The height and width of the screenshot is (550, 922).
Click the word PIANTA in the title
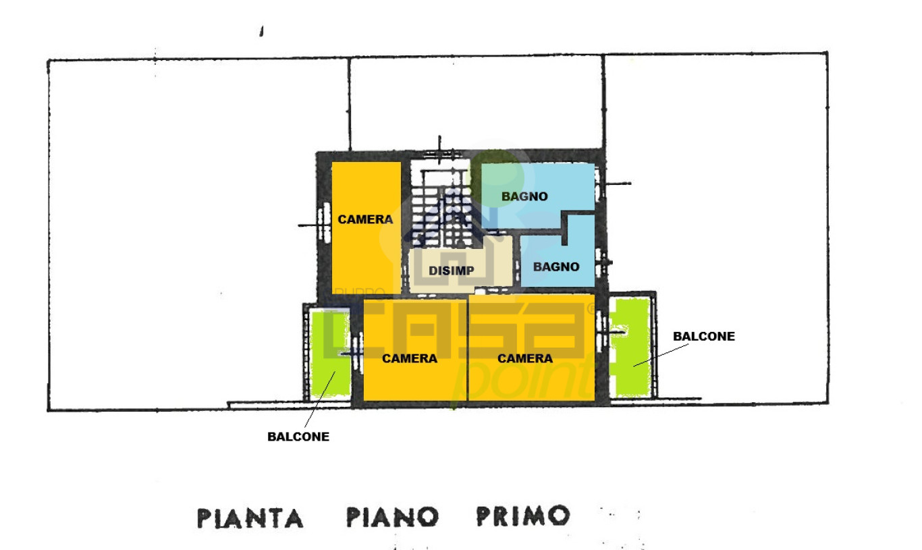250,518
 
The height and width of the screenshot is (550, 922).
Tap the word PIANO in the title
392,518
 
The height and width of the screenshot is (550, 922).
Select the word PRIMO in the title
522,516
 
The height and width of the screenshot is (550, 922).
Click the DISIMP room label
452,271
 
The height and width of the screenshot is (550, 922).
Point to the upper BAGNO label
524,196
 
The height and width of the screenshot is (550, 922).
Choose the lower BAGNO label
556,267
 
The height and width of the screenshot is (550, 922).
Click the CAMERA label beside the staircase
365,219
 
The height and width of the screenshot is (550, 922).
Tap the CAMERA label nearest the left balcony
410,358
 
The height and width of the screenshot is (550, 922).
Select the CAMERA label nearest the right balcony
525,358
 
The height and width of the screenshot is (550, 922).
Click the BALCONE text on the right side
704,336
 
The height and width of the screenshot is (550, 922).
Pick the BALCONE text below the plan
298,437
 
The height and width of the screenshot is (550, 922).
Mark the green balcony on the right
630,347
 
